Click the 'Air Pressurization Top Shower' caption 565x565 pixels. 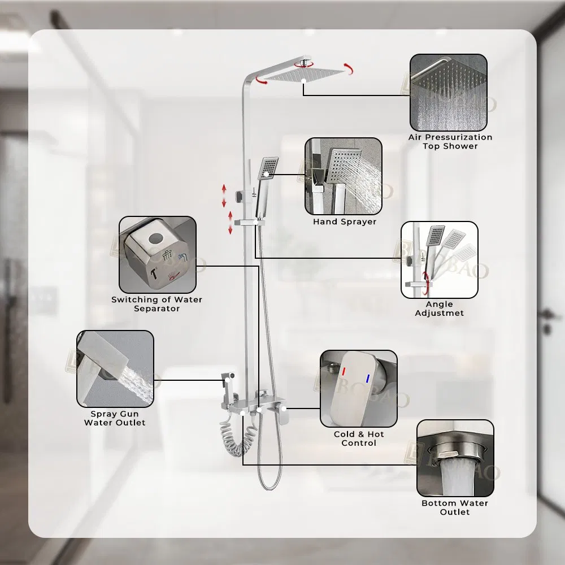(450, 142)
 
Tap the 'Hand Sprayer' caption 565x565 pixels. (345, 221)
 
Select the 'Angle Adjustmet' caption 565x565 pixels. (439, 308)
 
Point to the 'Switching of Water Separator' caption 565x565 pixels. (157, 304)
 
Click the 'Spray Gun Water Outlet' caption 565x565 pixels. (115, 418)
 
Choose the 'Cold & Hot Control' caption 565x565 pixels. (359, 438)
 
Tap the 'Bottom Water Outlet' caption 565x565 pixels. (455, 507)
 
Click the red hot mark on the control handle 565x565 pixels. (344, 372)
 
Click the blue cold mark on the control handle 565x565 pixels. (368, 379)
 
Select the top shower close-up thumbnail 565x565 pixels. (449, 93)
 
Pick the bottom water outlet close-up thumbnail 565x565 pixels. (455, 458)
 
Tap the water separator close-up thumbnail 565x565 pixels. (158, 255)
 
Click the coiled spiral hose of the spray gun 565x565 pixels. (238, 437)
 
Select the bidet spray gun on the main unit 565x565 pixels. (228, 388)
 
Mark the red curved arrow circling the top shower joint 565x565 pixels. (304, 65)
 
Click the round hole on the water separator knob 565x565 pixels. (156, 238)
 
